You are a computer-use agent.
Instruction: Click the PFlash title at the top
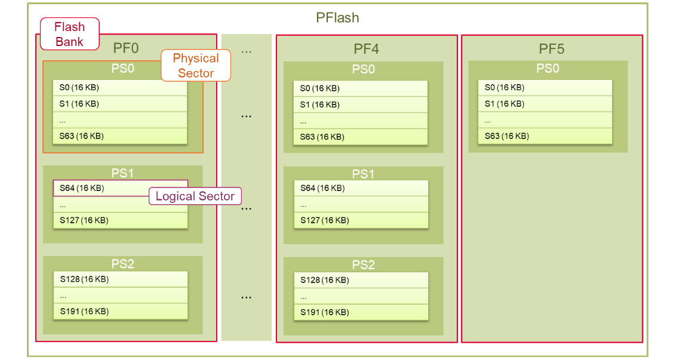tap(337, 17)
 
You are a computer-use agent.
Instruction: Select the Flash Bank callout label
tap(69, 34)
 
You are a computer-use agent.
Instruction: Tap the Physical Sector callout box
tap(195, 66)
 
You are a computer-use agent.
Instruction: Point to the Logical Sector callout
tap(195, 196)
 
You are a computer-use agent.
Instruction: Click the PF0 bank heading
tap(126, 47)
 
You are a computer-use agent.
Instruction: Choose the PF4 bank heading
tap(366, 48)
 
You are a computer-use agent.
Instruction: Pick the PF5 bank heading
tap(551, 48)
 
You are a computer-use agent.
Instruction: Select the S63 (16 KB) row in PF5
tap(546, 136)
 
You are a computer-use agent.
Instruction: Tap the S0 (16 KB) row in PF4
tap(361, 88)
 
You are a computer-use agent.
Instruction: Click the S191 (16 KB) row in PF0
tap(120, 311)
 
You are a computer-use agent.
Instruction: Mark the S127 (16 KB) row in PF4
tap(361, 220)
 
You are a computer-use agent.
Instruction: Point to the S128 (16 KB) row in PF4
tap(361, 280)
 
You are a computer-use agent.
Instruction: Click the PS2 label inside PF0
tap(122, 264)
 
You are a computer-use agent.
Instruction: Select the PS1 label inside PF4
tap(363, 174)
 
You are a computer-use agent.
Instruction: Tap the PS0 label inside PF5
tap(547, 68)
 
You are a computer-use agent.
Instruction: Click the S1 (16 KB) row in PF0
tap(120, 104)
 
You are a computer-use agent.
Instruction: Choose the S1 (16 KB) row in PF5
tap(546, 104)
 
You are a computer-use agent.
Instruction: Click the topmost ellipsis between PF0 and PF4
tap(246, 51)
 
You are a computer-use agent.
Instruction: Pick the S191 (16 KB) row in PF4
tap(361, 312)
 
